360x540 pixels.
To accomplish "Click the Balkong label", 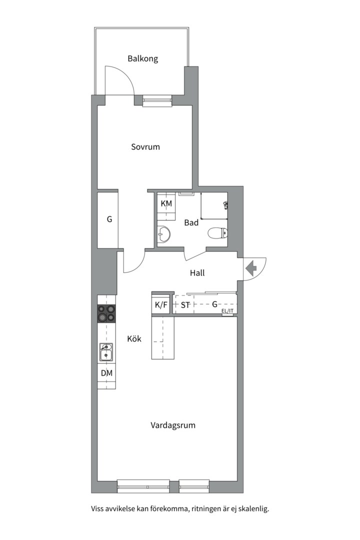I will pyautogui.click(x=142, y=58).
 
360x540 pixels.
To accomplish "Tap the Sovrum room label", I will pyautogui.click(x=145, y=147).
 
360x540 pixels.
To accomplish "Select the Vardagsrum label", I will pyautogui.click(x=172, y=425).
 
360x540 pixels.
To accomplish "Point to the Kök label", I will pyautogui.click(x=134, y=339).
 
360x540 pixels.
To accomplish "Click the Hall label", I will pyautogui.click(x=197, y=273).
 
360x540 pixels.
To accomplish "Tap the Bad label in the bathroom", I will pyautogui.click(x=191, y=223).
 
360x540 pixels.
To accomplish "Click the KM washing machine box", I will pyautogui.click(x=166, y=204).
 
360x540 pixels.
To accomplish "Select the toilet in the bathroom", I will pyautogui.click(x=218, y=233).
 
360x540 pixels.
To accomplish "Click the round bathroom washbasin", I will pyautogui.click(x=163, y=233).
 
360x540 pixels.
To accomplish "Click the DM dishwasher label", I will pyautogui.click(x=106, y=373).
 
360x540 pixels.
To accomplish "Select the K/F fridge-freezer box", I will pyautogui.click(x=161, y=304).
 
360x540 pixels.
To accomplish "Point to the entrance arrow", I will pyautogui.click(x=250, y=268).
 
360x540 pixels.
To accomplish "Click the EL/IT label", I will pyautogui.click(x=227, y=311).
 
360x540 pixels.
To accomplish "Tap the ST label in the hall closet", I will pyautogui.click(x=185, y=304).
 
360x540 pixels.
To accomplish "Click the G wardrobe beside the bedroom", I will pyautogui.click(x=108, y=219).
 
